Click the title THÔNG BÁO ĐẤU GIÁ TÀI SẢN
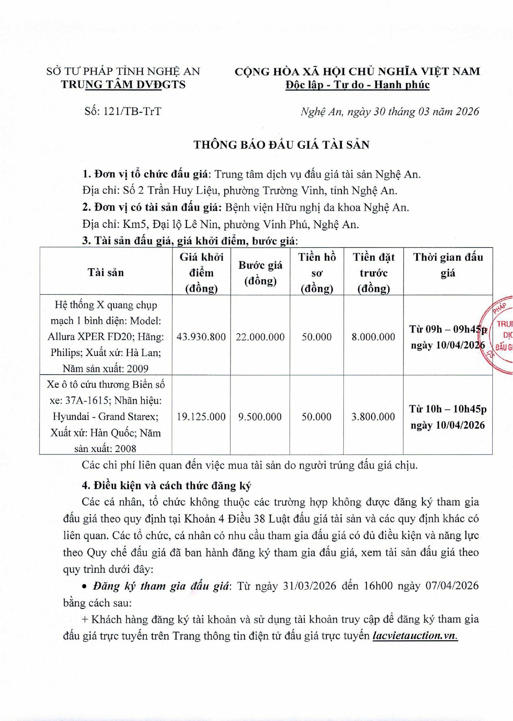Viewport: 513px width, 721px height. pyautogui.click(x=281, y=144)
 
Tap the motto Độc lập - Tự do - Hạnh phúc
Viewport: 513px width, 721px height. pyautogui.click(x=357, y=85)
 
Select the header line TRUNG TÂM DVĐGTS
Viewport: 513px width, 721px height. pyautogui.click(x=123, y=84)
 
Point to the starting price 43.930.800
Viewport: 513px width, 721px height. pyautogui.click(x=201, y=337)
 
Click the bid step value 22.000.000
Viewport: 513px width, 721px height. pyautogui.click(x=260, y=337)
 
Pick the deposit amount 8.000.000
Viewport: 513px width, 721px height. pyautogui.click(x=373, y=337)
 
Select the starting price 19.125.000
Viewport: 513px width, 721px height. pyautogui.click(x=201, y=416)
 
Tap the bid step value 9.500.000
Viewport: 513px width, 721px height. pyautogui.click(x=260, y=416)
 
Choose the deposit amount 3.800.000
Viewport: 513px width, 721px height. pyautogui.click(x=373, y=416)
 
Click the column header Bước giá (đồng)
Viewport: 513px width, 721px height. pyautogui.click(x=260, y=273)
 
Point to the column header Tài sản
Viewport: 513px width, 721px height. pyautogui.click(x=105, y=272)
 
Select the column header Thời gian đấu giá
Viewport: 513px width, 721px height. pyautogui.click(x=448, y=265)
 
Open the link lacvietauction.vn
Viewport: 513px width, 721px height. pyautogui.click(x=415, y=636)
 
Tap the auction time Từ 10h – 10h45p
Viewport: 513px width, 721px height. pyautogui.click(x=448, y=409)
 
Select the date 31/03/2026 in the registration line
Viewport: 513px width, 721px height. pyautogui.click(x=309, y=586)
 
